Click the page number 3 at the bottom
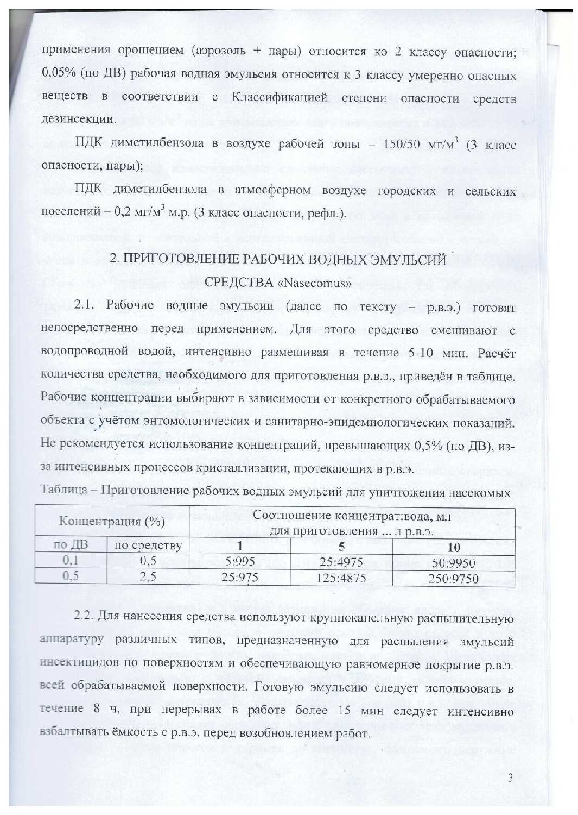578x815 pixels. [x=510, y=778]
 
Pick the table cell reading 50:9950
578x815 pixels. [x=453, y=562]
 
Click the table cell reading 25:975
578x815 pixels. [x=240, y=576]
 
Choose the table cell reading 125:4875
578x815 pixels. [x=341, y=578]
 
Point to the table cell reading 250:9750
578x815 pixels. [x=453, y=578]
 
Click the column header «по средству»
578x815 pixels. [x=148, y=545]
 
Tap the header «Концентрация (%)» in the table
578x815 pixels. [x=112, y=521]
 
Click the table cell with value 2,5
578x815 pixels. [x=148, y=576]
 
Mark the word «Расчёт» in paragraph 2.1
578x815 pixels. [x=497, y=352]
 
